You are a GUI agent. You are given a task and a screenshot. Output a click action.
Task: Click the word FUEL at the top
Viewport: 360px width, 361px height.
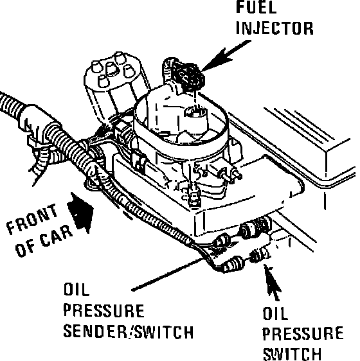coord(256,7)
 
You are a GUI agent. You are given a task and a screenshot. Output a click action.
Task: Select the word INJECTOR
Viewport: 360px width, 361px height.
coord(274,28)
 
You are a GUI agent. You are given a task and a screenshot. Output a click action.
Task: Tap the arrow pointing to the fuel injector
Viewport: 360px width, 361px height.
coord(224,55)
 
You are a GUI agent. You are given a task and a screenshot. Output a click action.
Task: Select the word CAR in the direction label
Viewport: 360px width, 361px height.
coord(56,236)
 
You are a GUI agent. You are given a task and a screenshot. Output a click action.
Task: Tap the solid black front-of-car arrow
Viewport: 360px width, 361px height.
coord(80,213)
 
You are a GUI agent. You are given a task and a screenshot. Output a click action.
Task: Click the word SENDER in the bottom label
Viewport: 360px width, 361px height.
coord(95,331)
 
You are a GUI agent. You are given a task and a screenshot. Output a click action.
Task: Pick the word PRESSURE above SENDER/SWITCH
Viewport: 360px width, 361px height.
coord(104,311)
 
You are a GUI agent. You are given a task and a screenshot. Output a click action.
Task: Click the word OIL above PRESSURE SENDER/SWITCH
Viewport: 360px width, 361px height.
coord(76,290)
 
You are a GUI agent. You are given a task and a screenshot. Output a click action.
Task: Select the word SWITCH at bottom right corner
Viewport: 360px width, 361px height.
coord(292,354)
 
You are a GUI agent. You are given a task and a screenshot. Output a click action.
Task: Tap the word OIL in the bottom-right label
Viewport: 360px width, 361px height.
coord(275,313)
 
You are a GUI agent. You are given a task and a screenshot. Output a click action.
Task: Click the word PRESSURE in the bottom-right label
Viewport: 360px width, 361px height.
coord(303,333)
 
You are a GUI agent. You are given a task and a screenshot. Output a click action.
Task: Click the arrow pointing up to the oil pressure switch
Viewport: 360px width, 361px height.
coord(272,283)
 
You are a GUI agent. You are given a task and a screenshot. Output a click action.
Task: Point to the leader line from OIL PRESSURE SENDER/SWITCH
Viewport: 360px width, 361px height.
coord(168,274)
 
